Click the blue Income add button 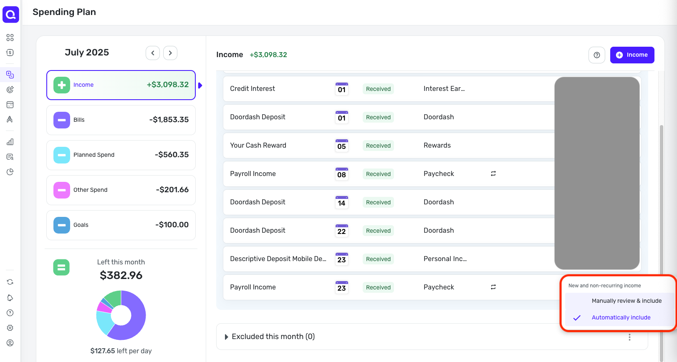(632, 55)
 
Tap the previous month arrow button (153, 53)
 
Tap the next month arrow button (170, 53)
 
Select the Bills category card (121, 120)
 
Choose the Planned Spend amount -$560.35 (172, 155)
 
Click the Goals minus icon (62, 225)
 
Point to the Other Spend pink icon (62, 190)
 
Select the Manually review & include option (626, 301)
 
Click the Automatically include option (621, 318)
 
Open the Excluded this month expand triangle (227, 337)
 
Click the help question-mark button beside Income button (597, 55)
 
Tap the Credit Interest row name (253, 89)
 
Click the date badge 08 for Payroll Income (342, 174)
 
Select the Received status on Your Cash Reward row (378, 146)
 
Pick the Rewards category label (437, 146)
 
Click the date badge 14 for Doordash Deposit (342, 202)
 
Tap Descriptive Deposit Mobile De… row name (278, 259)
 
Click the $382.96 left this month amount (121, 276)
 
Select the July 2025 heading (87, 53)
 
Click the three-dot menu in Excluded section (629, 337)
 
